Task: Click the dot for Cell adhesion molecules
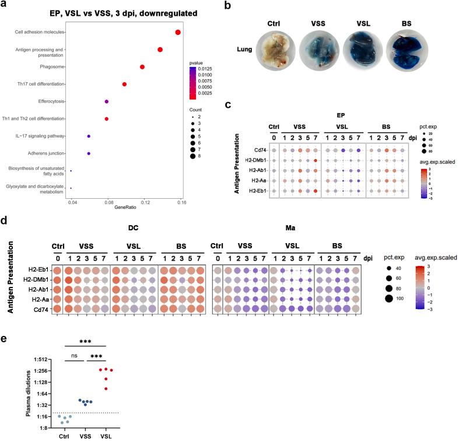177,32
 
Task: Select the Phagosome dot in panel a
142,67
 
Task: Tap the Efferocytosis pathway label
48,101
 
